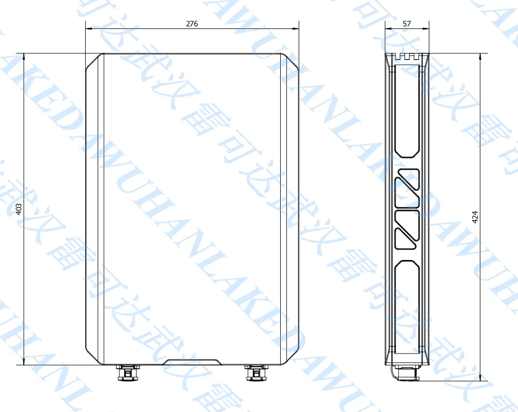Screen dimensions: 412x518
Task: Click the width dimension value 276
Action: (x=192, y=24)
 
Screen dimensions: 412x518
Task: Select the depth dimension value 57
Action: (x=406, y=24)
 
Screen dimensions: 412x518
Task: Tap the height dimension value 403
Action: (x=19, y=209)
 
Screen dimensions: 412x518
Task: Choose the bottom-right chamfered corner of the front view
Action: (x=291, y=357)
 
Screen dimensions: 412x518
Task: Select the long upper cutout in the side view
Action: (x=407, y=111)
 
